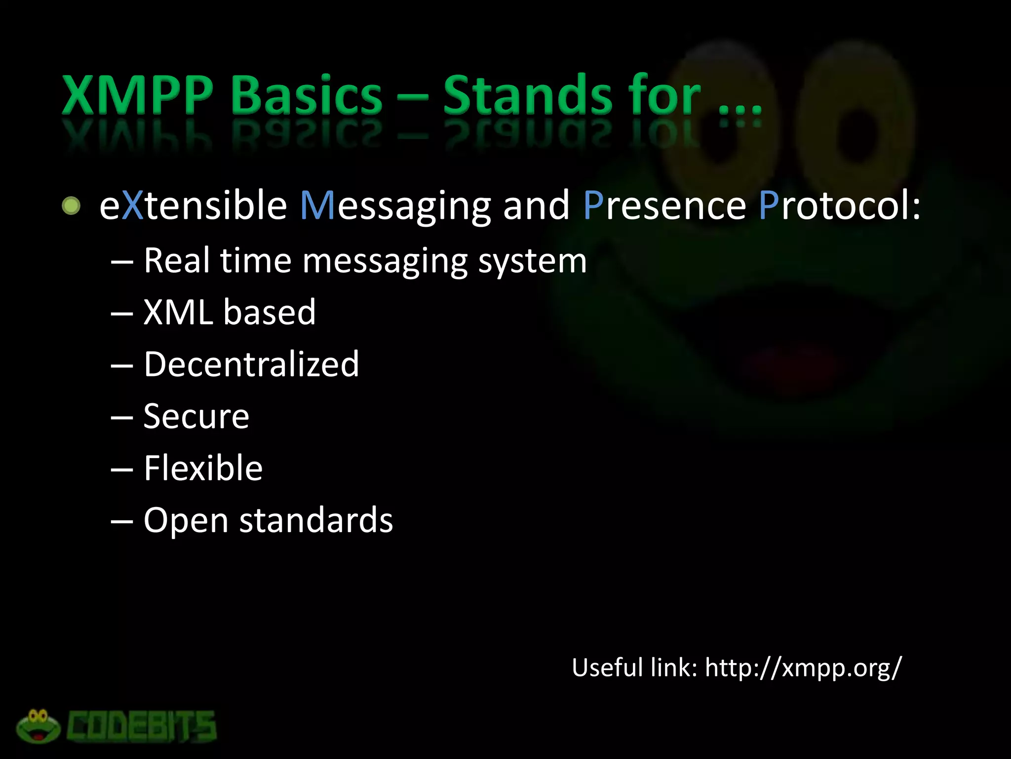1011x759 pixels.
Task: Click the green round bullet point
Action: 71,206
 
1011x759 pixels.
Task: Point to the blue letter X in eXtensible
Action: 132,206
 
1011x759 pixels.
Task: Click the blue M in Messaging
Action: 318,206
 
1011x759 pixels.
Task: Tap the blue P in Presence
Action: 593,206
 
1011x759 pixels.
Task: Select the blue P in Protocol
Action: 769,206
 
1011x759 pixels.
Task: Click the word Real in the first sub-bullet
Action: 177,260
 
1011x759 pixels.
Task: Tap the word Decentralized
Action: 251,364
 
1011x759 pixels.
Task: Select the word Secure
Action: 196,416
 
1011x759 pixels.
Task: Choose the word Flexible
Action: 203,468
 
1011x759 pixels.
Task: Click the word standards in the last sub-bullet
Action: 316,520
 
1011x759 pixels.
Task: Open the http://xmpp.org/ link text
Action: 803,668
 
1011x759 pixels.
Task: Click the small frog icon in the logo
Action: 38,726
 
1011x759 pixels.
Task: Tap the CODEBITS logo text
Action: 142,727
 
